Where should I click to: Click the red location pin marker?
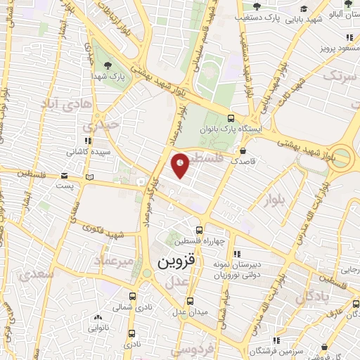click(181, 165)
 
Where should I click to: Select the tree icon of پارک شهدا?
click(108, 66)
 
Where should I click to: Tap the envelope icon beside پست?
click(65, 175)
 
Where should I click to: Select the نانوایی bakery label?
click(98, 328)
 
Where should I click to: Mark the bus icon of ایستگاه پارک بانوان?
click(231, 118)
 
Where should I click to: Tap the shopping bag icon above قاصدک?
click(243, 150)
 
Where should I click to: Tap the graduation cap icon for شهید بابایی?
click(303, 9)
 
